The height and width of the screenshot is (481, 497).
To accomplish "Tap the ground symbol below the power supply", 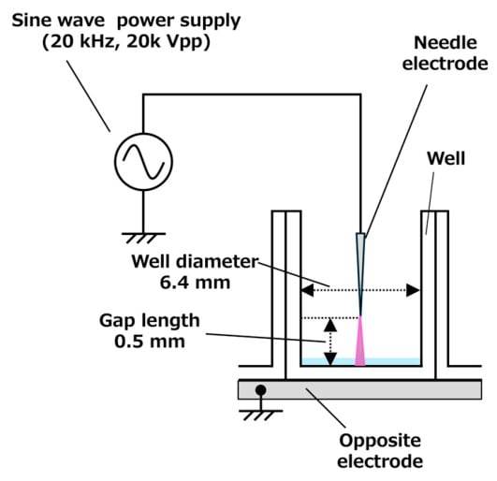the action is click(x=143, y=238).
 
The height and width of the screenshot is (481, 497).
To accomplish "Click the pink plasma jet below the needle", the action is click(x=360, y=342).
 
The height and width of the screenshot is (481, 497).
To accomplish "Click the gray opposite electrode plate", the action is click(x=359, y=389).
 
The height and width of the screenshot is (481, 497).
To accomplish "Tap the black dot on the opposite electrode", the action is click(x=260, y=390).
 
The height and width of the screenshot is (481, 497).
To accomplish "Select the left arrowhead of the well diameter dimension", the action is click(x=307, y=290).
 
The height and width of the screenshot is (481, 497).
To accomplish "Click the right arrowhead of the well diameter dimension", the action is click(x=414, y=290).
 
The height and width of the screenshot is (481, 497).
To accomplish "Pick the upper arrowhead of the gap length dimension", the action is click(x=330, y=325).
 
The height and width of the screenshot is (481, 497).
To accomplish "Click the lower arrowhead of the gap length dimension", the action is click(x=330, y=358).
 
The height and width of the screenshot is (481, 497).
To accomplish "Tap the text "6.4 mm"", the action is click(x=195, y=283).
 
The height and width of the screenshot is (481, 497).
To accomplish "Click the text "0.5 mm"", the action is click(x=150, y=342).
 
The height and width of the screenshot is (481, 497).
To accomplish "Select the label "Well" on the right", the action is click(x=446, y=158).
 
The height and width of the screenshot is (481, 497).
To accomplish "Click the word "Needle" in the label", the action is click(x=446, y=42).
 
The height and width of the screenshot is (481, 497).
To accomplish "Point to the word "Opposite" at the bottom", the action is click(x=380, y=441).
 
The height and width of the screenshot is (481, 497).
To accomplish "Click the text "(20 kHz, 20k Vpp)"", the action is click(x=126, y=42).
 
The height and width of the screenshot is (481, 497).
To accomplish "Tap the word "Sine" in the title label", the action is click(x=28, y=21).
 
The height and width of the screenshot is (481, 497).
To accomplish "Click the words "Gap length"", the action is click(x=150, y=321).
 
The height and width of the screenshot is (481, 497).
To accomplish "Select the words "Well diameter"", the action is click(x=195, y=262).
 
